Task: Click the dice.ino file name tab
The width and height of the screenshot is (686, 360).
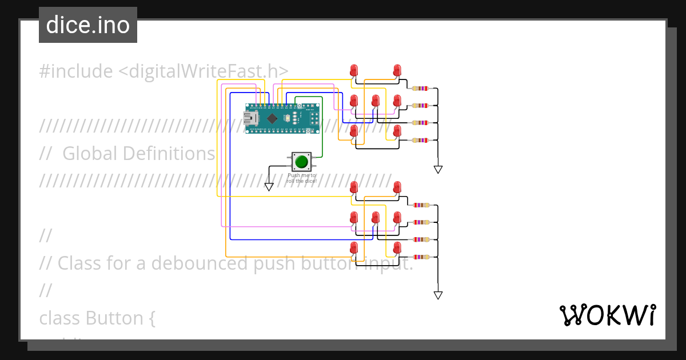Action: (88, 25)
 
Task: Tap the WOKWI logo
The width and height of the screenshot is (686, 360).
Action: (607, 315)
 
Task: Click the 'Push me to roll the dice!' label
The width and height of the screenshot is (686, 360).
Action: (301, 178)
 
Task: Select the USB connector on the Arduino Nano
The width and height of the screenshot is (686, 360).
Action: (250, 118)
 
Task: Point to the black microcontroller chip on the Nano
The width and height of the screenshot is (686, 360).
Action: (272, 118)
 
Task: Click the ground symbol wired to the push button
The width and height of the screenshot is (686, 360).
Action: (269, 186)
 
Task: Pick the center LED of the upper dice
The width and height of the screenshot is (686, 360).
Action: (376, 101)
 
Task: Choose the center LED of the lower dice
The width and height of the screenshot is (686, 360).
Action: (376, 218)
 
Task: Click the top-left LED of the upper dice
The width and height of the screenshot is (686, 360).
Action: (354, 71)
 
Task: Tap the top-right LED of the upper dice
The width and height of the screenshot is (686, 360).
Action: (397, 71)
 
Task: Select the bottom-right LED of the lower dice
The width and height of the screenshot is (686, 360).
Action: (397, 248)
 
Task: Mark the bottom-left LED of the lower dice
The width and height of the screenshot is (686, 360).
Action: (354, 248)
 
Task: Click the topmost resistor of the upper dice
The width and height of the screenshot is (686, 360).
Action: (420, 89)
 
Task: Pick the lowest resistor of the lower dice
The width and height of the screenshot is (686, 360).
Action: (421, 257)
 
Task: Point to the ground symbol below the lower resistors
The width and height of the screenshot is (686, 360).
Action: (438, 295)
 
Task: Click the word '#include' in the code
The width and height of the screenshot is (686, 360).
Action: (76, 71)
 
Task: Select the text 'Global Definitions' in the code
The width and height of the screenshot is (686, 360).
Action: (138, 154)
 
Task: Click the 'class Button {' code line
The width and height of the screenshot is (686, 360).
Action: (97, 318)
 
